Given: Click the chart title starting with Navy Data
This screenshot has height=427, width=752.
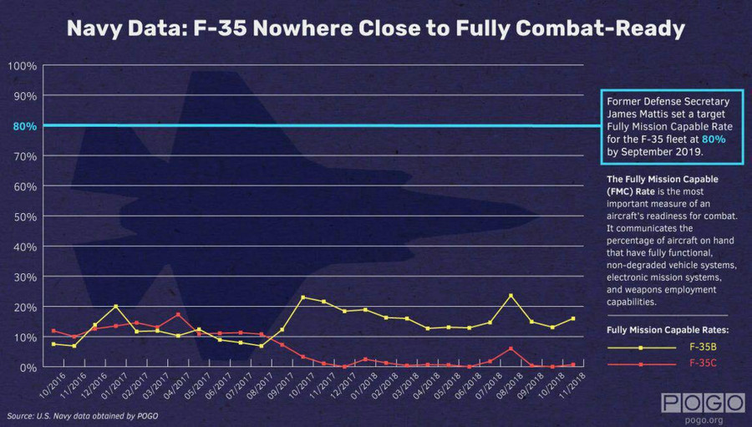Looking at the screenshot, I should coord(375,29).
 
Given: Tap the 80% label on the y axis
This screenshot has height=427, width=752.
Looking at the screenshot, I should coord(23,126).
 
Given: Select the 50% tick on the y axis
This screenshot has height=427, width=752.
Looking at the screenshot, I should coord(23,216).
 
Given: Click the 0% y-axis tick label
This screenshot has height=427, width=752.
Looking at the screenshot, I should coord(27,367).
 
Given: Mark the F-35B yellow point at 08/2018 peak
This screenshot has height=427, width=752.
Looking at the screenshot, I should coord(511,296).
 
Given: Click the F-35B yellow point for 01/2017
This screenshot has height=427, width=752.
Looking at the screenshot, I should coord(115,307).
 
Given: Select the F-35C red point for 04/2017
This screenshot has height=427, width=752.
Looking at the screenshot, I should coord(178,315).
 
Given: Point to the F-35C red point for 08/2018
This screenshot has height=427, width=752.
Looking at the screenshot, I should coord(511,348).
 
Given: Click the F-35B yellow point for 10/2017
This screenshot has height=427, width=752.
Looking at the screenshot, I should coord(302,297).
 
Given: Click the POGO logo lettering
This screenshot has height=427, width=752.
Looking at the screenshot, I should coord(702,403).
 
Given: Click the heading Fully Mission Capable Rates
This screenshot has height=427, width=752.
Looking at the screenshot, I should coord(668,330).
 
